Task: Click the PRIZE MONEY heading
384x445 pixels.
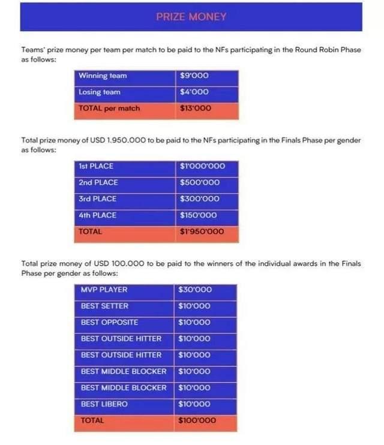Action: click(x=191, y=17)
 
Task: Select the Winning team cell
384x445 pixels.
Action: click(x=103, y=76)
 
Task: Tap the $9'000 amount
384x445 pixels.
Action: click(x=194, y=76)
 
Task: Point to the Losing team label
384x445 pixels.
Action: click(x=100, y=92)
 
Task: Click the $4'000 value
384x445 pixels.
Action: click(x=194, y=92)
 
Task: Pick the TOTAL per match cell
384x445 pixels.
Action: click(x=109, y=109)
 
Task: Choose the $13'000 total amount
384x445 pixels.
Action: click(x=196, y=109)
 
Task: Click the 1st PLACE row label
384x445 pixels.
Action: click(x=96, y=166)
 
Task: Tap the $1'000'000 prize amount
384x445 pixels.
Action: click(x=202, y=166)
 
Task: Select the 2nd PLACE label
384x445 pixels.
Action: click(x=98, y=182)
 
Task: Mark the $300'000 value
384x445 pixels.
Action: click(x=200, y=199)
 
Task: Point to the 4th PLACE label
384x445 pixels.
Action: click(x=97, y=215)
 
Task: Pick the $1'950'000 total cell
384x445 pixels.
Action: click(x=202, y=231)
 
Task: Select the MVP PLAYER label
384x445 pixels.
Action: click(x=104, y=290)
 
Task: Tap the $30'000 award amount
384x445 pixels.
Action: click(x=195, y=290)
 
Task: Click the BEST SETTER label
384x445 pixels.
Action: click(x=104, y=306)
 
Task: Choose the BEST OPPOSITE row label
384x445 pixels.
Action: click(x=109, y=322)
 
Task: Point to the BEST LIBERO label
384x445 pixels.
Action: click(x=104, y=404)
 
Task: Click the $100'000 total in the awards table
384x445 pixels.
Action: click(x=197, y=420)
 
